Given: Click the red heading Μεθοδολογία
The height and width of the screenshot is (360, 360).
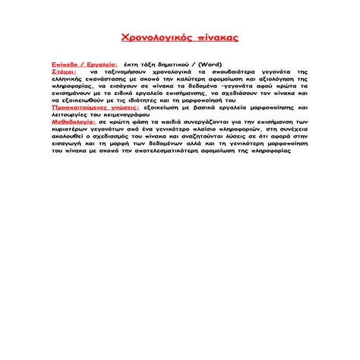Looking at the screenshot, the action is [74, 122].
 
